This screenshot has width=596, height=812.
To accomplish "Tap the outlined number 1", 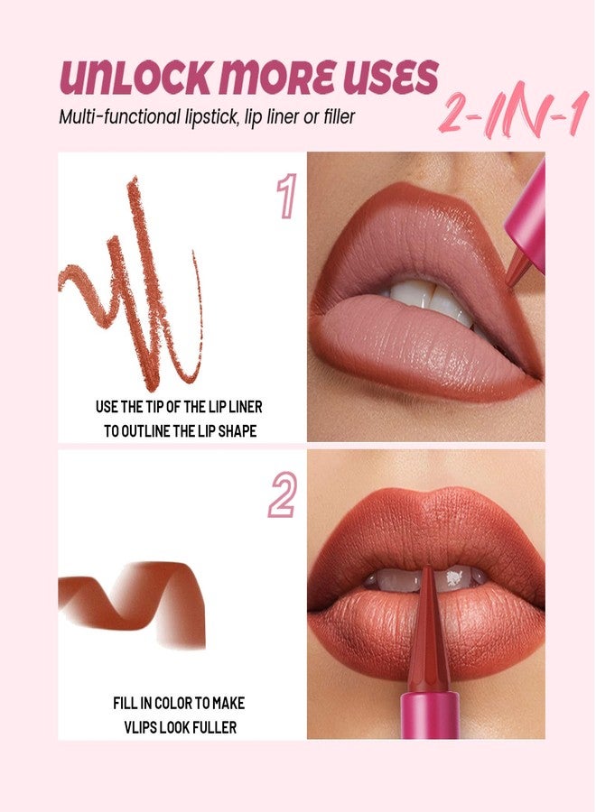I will [x=286, y=198].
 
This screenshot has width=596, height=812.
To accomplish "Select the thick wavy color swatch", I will [x=135, y=600].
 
